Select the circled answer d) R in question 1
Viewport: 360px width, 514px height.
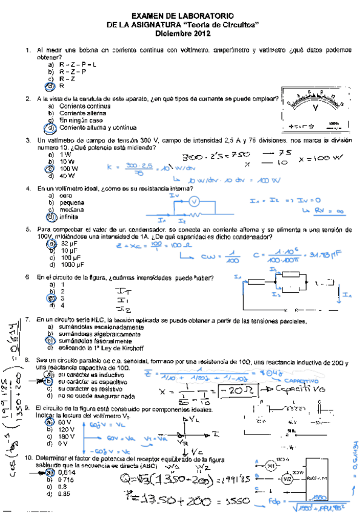61,85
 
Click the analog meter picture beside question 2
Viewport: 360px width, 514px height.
315,109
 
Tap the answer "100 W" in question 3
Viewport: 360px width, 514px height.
67,169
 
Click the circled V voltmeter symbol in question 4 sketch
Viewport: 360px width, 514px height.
193,201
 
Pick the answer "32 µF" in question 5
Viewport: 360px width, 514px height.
67,242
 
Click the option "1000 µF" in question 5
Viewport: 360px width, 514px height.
72,264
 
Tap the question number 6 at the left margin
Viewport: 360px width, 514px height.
28,278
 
